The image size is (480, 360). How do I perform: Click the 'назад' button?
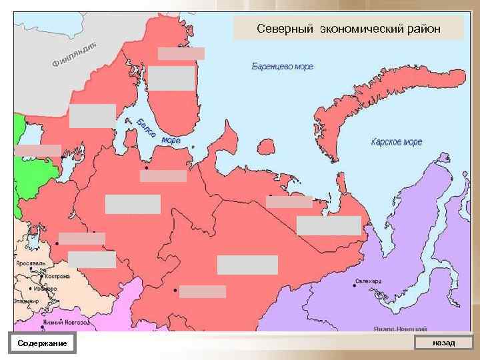pos(443,343)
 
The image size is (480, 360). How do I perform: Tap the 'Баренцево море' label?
pos(283,67)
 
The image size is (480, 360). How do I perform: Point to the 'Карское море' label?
pos(397,142)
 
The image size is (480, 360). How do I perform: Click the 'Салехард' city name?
pos(369,281)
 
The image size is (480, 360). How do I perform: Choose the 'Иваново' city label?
pos(46,288)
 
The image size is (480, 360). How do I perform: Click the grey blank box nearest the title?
pos(181,53)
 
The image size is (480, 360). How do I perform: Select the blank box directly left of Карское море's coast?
pos(329,225)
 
